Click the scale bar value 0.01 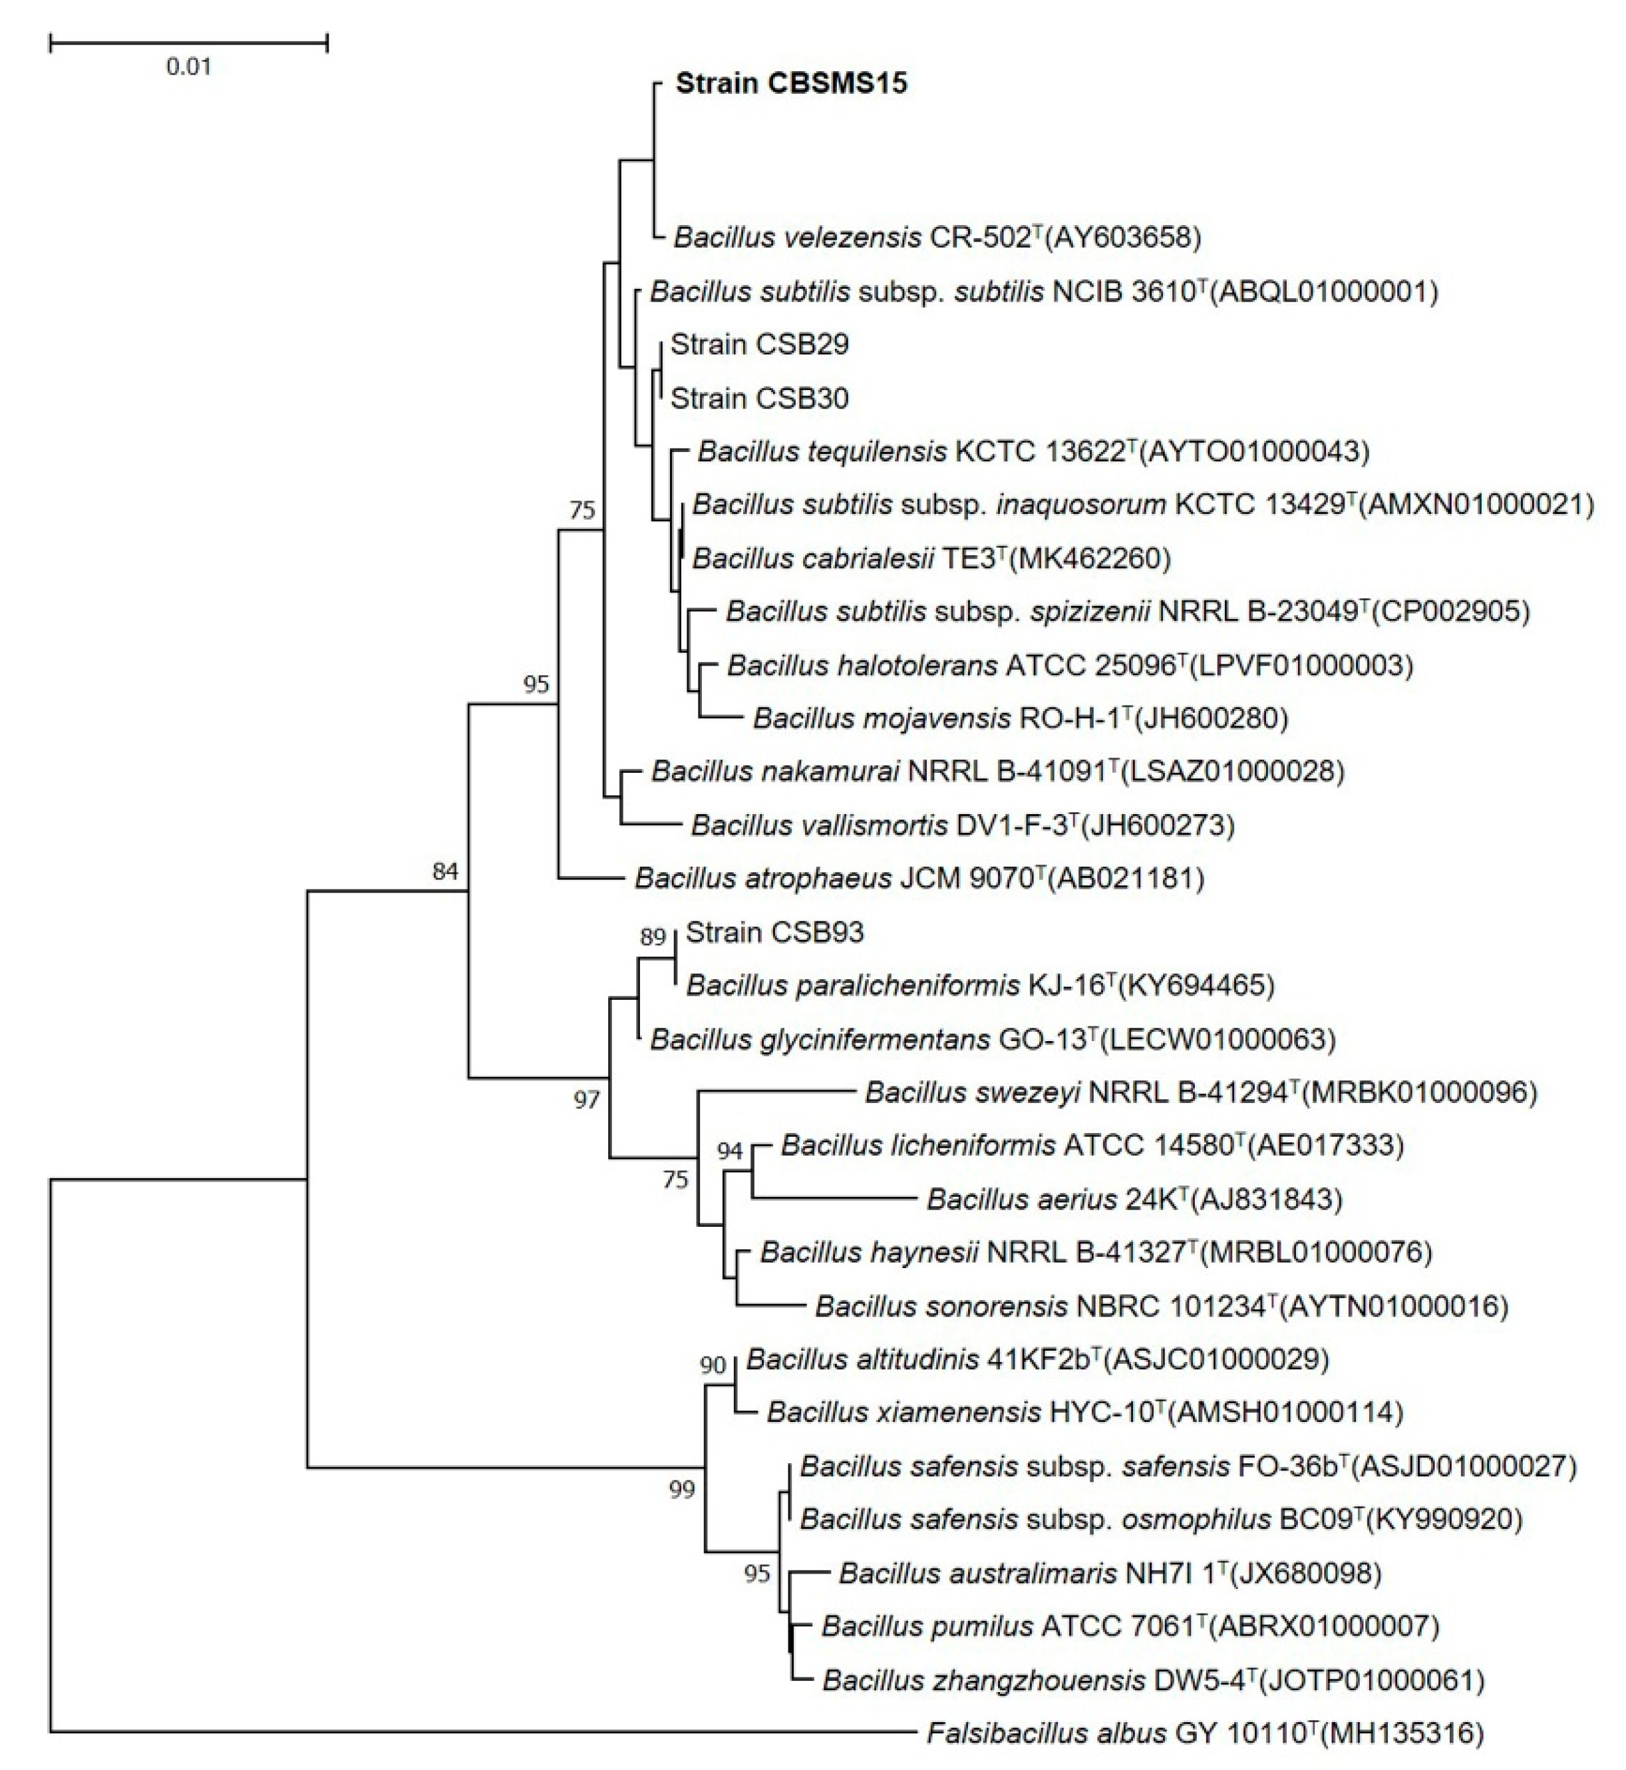(x=188, y=67)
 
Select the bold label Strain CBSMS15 (x=791, y=84)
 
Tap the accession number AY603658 (x=1123, y=237)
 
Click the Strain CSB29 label (x=759, y=344)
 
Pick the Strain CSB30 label (x=759, y=398)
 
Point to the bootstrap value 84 (x=445, y=871)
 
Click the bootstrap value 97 (x=586, y=1098)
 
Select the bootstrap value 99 (x=682, y=1489)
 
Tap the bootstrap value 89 (x=653, y=937)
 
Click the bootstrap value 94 (x=729, y=1150)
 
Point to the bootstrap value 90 (x=713, y=1365)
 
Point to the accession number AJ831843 (x=1266, y=1199)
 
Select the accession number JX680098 (x=1306, y=1573)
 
